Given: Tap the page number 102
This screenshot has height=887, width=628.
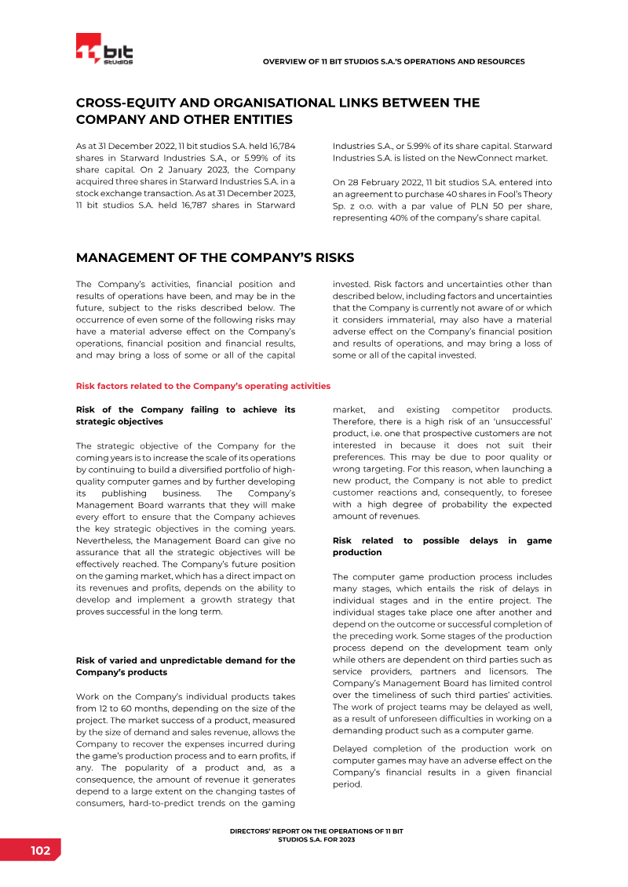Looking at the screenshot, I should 41,851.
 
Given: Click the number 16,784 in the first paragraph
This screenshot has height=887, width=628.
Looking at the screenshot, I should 280,146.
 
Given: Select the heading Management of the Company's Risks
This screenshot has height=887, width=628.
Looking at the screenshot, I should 214,258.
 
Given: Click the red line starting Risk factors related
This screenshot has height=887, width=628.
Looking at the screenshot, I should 203,386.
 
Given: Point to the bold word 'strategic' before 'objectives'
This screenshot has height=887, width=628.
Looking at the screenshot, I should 93,421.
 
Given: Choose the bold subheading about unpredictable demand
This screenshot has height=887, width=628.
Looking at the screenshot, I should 185,666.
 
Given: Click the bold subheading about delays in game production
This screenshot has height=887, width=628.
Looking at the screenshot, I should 442,547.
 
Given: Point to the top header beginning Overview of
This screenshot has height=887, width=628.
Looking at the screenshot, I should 393,61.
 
